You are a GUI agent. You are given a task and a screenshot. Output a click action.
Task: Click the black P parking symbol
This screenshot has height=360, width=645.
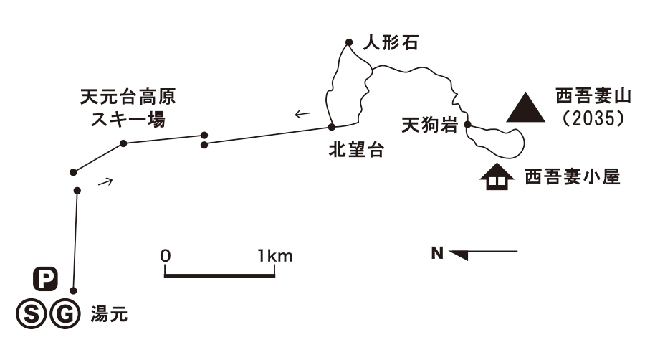pos(46,280)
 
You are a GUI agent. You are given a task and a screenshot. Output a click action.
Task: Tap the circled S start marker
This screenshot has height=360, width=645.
pos(29,313)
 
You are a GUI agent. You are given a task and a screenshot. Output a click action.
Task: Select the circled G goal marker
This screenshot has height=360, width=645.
pos(63,313)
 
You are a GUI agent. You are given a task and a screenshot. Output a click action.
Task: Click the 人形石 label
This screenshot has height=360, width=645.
pos(390,43)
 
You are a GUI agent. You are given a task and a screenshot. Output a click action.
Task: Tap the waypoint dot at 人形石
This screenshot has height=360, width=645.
pos(348,42)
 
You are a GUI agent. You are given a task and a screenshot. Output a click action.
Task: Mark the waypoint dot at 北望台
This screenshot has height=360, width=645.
pos(331,127)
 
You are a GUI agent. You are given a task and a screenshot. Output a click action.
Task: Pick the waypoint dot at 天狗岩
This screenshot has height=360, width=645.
pos(467,125)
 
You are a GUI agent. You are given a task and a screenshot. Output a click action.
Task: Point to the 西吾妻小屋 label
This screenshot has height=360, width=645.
pos(570,176)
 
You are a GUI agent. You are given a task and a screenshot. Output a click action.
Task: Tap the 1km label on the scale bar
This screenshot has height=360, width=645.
pos(276,255)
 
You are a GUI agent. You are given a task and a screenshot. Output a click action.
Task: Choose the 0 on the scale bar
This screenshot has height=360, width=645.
pos(166,255)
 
